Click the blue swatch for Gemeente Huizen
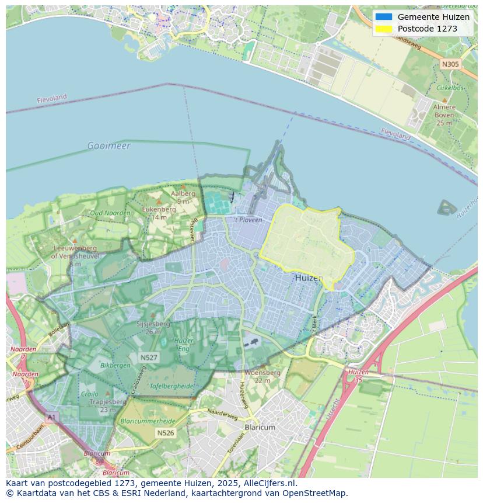point(384,17)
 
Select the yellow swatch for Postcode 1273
point(384,29)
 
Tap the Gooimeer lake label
point(109,145)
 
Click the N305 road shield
point(450,64)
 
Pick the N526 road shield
point(165,433)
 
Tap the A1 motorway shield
point(51,417)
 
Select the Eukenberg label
point(159,209)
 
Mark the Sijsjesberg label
point(153,324)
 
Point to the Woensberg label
point(262,373)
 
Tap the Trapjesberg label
point(108,402)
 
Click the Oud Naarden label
point(110,213)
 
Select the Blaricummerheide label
point(147,421)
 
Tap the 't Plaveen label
point(249,220)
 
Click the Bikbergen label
point(116,365)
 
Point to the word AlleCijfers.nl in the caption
point(268,483)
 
